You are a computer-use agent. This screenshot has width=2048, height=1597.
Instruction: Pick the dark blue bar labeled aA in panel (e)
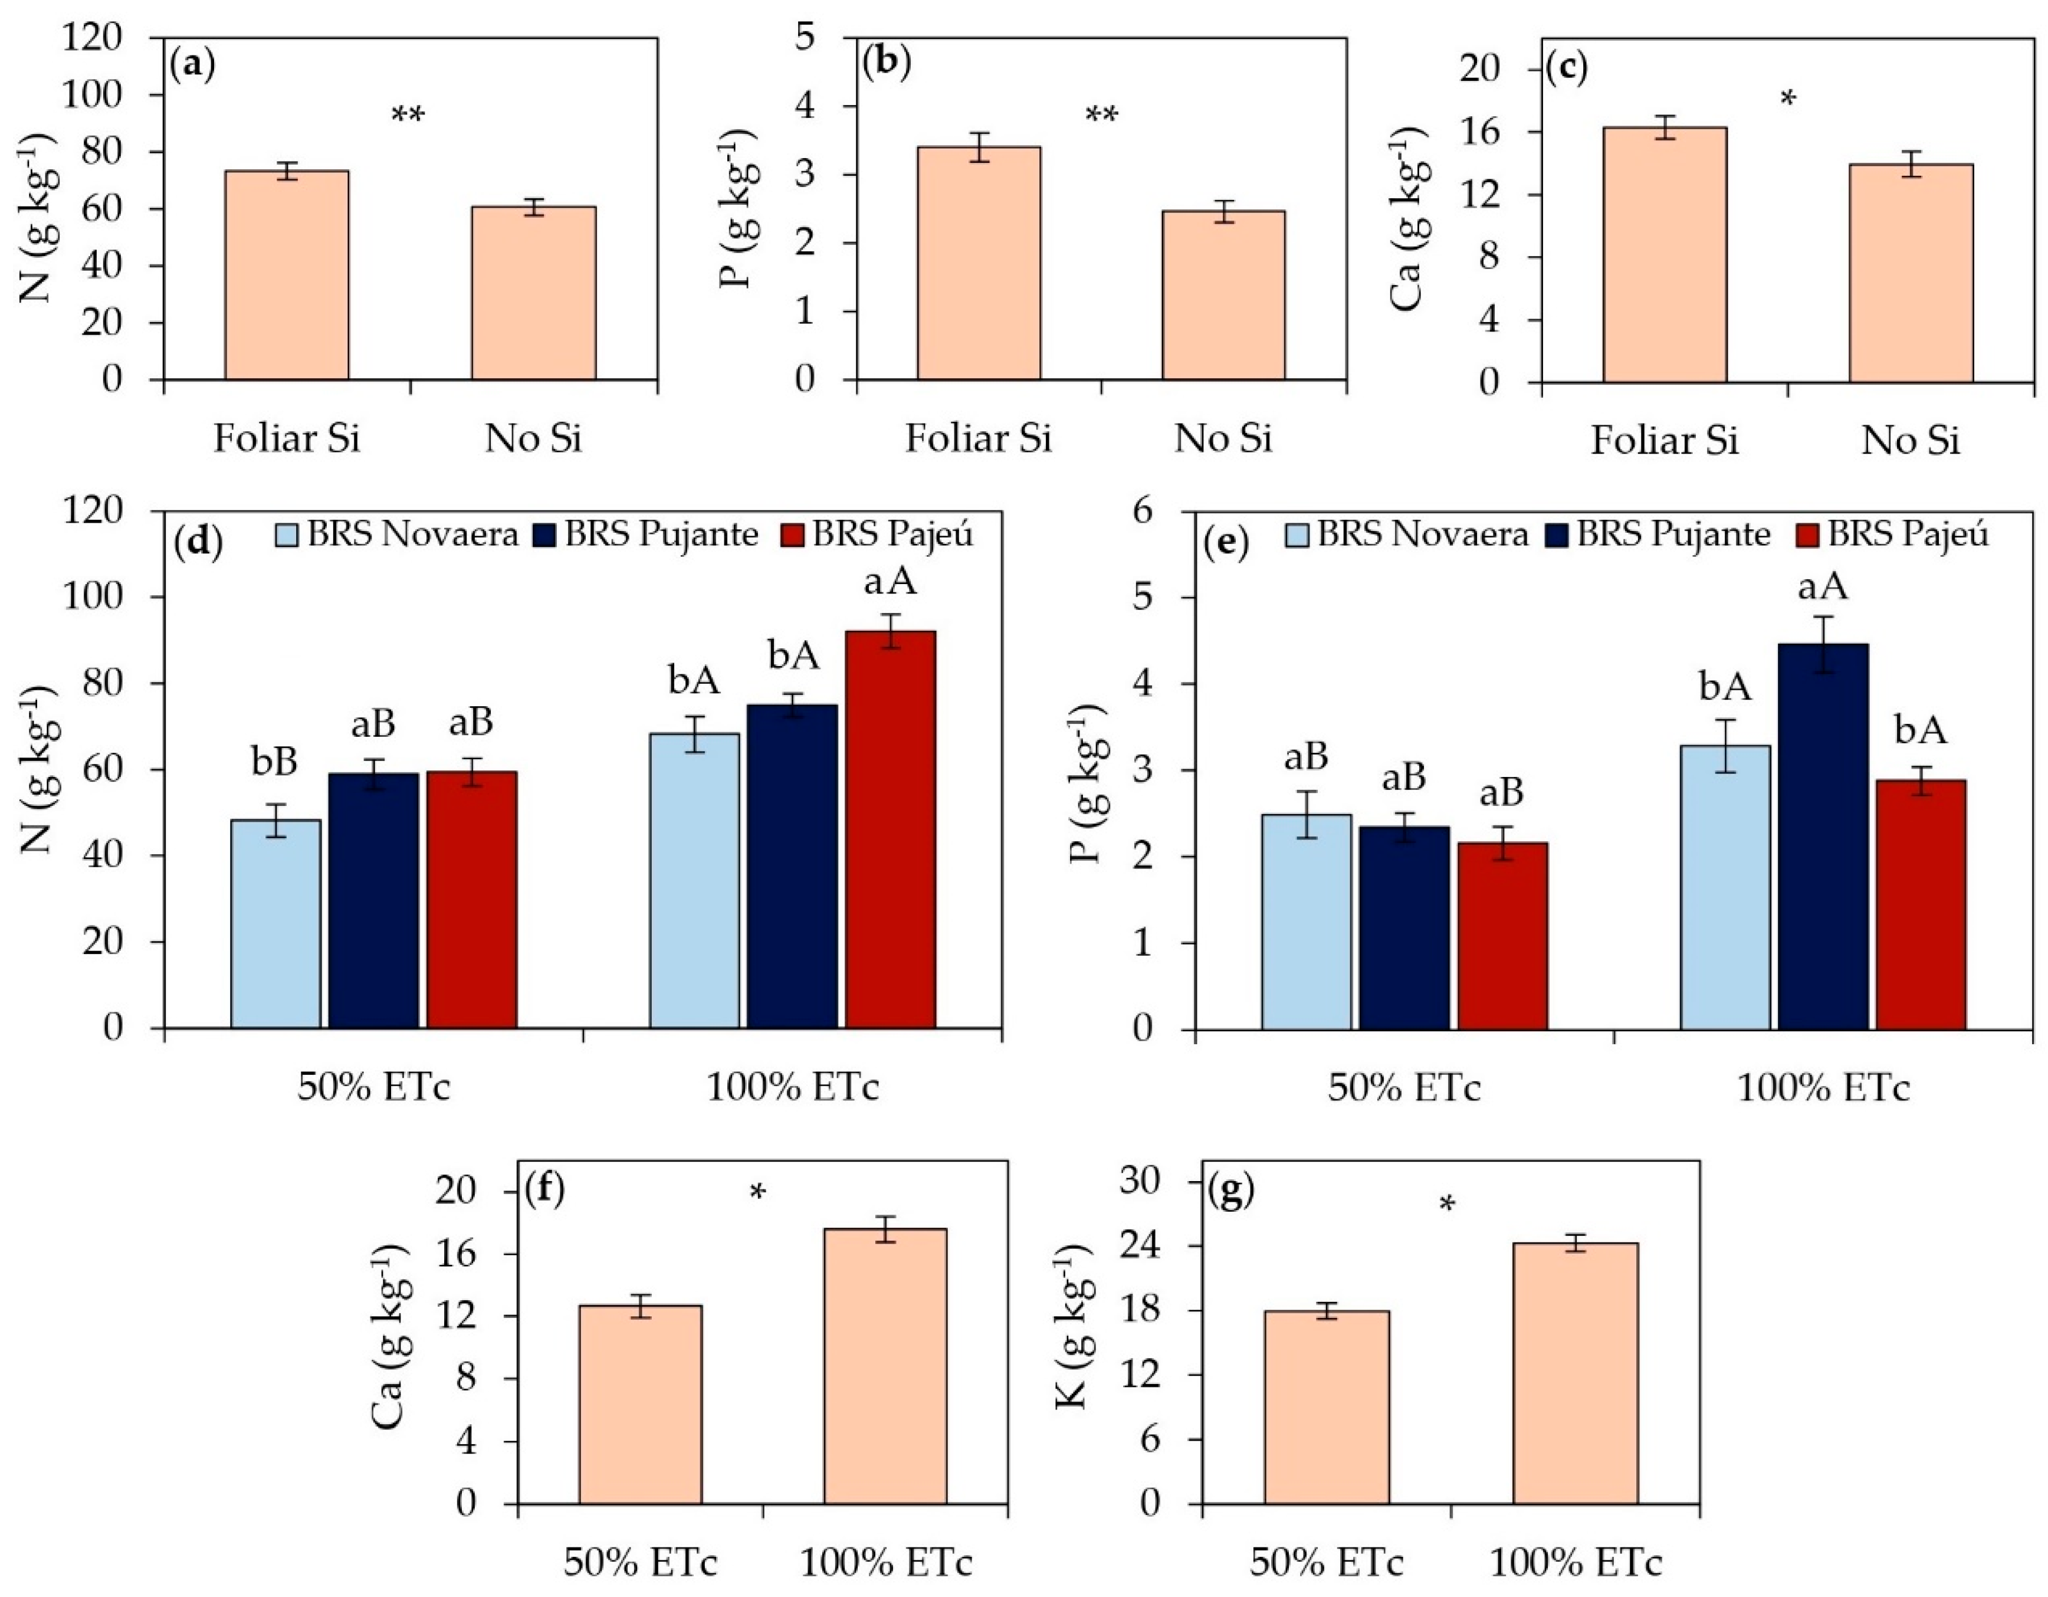(x=1823, y=835)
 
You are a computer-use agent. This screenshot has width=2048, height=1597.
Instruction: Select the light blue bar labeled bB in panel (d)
(x=275, y=924)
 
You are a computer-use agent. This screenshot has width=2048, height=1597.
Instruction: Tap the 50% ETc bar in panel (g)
(x=1326, y=1406)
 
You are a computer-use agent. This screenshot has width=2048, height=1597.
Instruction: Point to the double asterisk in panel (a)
(x=408, y=116)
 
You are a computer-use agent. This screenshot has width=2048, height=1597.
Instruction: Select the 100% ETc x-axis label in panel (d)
(x=792, y=1088)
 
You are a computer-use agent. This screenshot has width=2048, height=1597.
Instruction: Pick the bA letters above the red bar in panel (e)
(x=1919, y=732)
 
